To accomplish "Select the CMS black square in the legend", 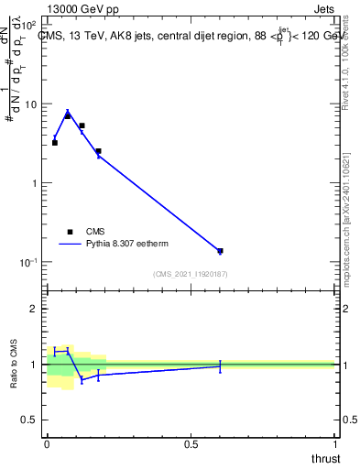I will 70,232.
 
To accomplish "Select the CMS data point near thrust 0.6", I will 220,250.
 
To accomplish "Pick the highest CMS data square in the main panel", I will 67,115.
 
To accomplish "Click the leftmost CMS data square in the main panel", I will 55,143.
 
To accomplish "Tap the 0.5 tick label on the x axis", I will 191,444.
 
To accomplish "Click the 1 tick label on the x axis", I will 334,444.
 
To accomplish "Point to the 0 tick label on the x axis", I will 48,444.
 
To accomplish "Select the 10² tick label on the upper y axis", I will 30,26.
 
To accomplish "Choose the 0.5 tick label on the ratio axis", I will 31,420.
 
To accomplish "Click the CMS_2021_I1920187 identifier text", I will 191,274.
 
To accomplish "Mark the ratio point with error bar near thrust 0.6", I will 220,365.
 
